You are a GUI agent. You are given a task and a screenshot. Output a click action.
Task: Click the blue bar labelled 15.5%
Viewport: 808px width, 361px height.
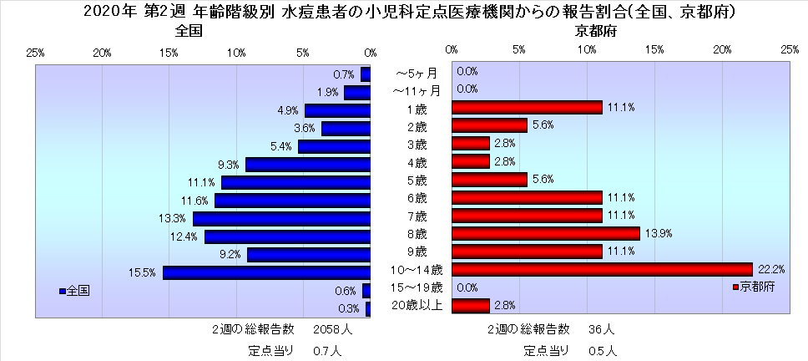click(266, 272)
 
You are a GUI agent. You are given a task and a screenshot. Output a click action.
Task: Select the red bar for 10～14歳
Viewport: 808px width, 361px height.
click(602, 269)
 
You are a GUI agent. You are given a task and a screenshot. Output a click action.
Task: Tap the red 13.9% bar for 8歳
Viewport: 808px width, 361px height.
click(545, 233)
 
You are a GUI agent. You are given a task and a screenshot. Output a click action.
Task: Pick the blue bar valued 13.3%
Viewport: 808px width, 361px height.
click(281, 218)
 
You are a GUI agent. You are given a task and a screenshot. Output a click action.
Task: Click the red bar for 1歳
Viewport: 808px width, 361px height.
click(527, 107)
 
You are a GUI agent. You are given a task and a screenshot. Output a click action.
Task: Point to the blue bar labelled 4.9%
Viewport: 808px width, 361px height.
click(337, 110)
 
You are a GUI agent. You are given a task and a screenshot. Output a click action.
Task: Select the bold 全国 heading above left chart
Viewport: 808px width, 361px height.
click(190, 32)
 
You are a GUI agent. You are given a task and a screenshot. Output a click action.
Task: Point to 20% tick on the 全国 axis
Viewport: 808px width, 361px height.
click(103, 53)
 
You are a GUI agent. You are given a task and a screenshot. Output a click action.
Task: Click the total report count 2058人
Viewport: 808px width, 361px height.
click(332, 329)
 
